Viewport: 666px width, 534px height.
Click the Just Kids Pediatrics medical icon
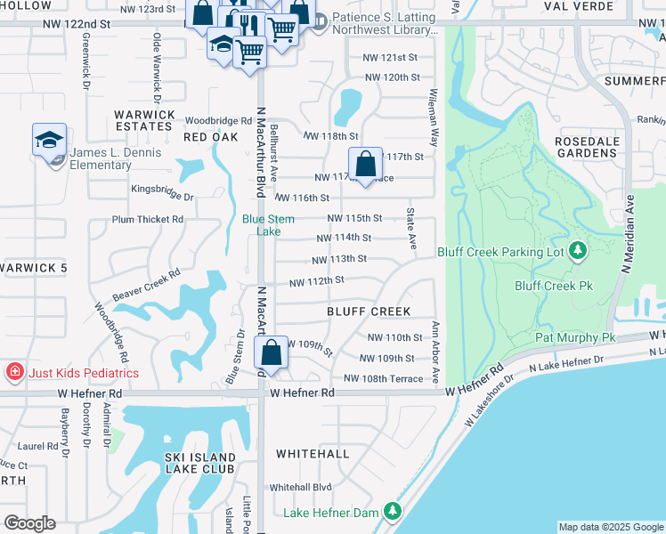click(x=14, y=372)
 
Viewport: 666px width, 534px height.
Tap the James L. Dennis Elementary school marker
click(x=50, y=140)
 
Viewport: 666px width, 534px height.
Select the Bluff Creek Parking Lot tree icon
click(x=578, y=252)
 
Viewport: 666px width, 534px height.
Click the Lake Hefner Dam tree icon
click(x=391, y=511)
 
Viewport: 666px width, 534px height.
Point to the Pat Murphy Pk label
click(x=575, y=338)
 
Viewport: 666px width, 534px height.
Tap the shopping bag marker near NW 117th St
click(x=365, y=164)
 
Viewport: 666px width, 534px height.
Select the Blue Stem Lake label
click(x=263, y=224)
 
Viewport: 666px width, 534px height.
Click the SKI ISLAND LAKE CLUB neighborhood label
click(x=200, y=463)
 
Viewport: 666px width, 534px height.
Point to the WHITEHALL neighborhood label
click(x=313, y=453)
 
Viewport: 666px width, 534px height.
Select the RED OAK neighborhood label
click(x=211, y=137)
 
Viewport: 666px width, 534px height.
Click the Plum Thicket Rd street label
click(x=148, y=219)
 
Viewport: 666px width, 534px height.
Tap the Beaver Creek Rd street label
click(x=146, y=286)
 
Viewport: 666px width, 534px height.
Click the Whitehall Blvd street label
click(x=300, y=487)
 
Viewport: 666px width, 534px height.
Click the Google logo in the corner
click(x=29, y=523)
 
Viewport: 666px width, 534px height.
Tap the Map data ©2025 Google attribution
click(x=610, y=527)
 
